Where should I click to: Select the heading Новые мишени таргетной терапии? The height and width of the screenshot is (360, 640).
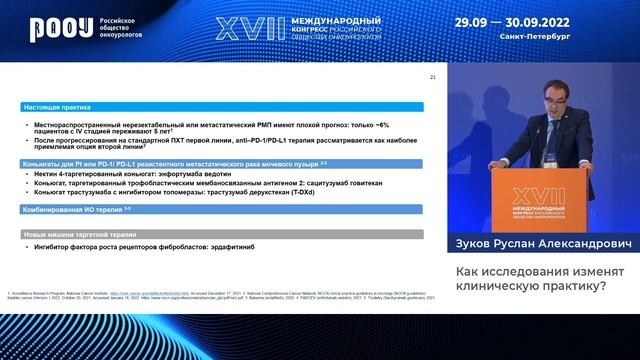click(x=78, y=233)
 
